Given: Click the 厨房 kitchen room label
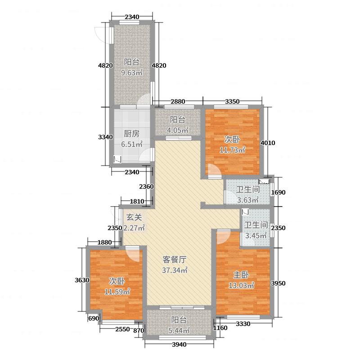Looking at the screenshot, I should (132, 133).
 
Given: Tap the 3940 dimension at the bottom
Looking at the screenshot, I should (179, 345).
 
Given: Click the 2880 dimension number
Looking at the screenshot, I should (178, 101).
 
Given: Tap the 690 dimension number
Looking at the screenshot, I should (93, 319).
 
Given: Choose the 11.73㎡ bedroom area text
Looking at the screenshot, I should (233, 150).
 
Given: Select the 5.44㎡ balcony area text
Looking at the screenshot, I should (178, 330).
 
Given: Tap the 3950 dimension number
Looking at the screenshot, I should (278, 283).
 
